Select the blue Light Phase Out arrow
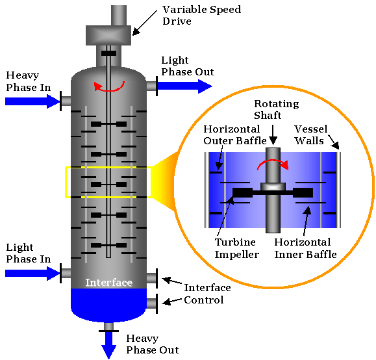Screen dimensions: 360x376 pos(184,86)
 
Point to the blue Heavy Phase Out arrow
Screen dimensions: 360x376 pos(108,344)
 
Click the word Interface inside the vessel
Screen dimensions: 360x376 pos(108,283)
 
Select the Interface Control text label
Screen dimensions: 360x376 pos(207,294)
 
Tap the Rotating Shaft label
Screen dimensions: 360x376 pos(275,109)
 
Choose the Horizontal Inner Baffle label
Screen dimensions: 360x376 pos(305,249)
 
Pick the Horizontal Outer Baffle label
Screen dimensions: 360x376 pos(231,135)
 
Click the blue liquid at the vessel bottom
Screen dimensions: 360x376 pos(108,303)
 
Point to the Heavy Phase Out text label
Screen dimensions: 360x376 pos(152,344)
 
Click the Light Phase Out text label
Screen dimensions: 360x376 pos(187,66)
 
